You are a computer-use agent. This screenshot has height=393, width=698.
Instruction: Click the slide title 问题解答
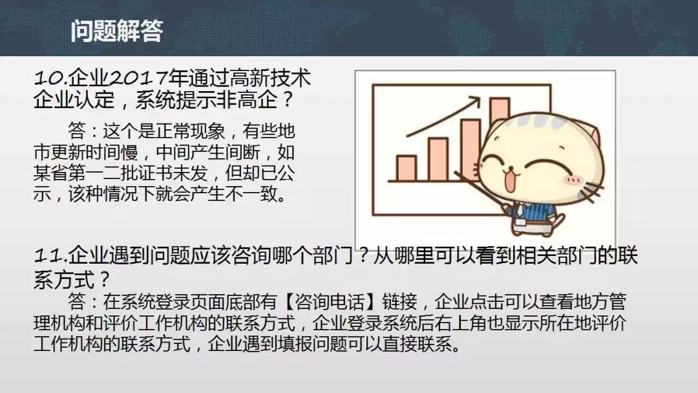[116, 31]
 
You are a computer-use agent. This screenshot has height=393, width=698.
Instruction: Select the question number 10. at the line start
[51, 80]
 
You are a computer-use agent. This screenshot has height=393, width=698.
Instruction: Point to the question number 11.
[51, 257]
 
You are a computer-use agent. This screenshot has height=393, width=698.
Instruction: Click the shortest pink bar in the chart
[406, 168]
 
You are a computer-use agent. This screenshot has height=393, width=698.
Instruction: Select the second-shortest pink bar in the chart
[438, 160]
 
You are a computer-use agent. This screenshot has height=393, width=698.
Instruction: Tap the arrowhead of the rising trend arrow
[474, 101]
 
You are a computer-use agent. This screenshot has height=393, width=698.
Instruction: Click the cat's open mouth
[510, 180]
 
